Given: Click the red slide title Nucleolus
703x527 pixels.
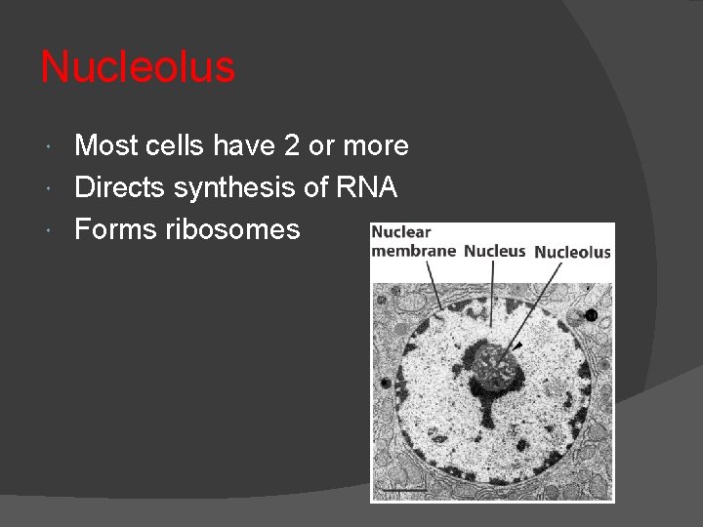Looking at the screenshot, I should pyautogui.click(x=138, y=67).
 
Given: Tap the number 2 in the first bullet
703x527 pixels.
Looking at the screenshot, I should pyautogui.click(x=291, y=146).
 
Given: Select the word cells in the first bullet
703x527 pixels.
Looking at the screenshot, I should pyautogui.click(x=174, y=146).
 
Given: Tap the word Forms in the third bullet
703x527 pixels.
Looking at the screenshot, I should pyautogui.click(x=112, y=229).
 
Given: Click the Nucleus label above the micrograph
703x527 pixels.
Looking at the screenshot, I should pyautogui.click(x=495, y=251).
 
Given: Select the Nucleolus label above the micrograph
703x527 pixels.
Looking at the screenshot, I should pyautogui.click(x=572, y=252).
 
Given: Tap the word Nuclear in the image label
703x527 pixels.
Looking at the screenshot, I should pyautogui.click(x=400, y=233).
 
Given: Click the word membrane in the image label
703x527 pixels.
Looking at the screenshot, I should pyautogui.click(x=413, y=251).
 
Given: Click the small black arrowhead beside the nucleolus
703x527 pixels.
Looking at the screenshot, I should pyautogui.click(x=517, y=345).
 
